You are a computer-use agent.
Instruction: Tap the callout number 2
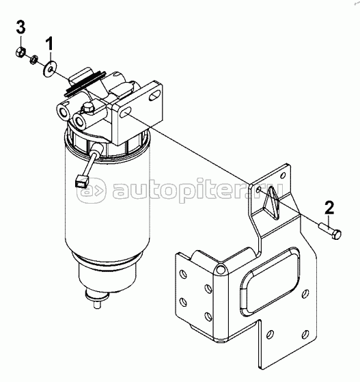point(329,208)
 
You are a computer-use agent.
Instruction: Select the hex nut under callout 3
point(21,53)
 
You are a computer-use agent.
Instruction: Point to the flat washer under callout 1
point(50,68)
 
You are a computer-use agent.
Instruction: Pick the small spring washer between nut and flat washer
point(32,60)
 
